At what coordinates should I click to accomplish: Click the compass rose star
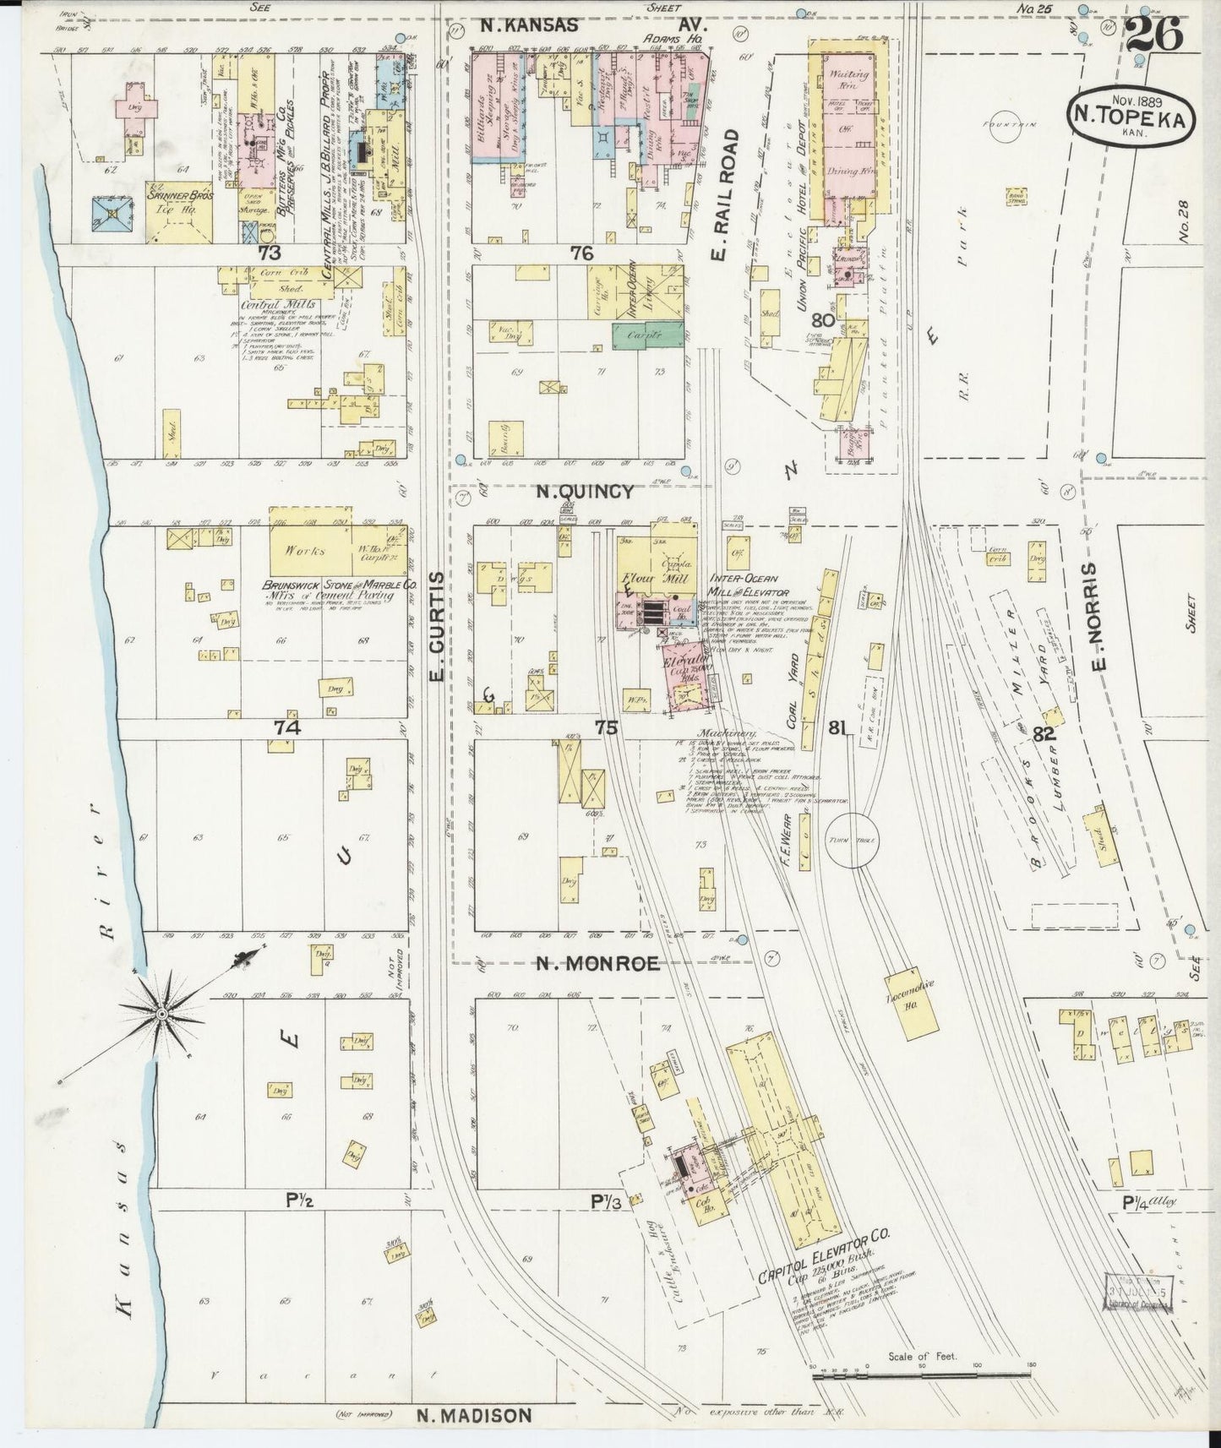[161, 1013]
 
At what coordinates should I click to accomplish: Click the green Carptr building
[647, 335]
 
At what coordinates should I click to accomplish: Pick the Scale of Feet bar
[921, 1377]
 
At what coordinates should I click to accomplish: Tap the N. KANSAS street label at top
[529, 26]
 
